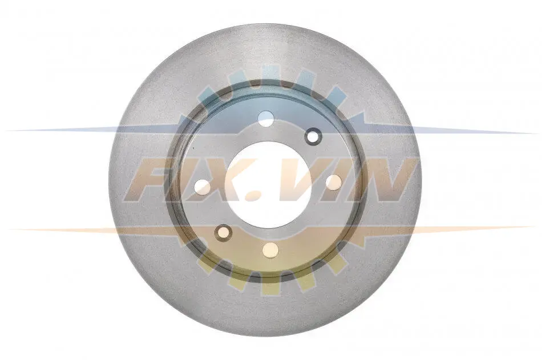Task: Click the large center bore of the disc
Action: pyautogui.click(x=267, y=184)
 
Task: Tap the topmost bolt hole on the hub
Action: pyautogui.click(x=266, y=119)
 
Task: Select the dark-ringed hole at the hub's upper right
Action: pyautogui.click(x=313, y=136)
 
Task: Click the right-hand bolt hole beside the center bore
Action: pyautogui.click(x=334, y=182)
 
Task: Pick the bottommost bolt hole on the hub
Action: pyautogui.click(x=270, y=250)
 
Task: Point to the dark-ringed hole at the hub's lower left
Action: pyautogui.click(x=223, y=233)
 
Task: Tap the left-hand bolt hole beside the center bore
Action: pyautogui.click(x=203, y=187)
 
